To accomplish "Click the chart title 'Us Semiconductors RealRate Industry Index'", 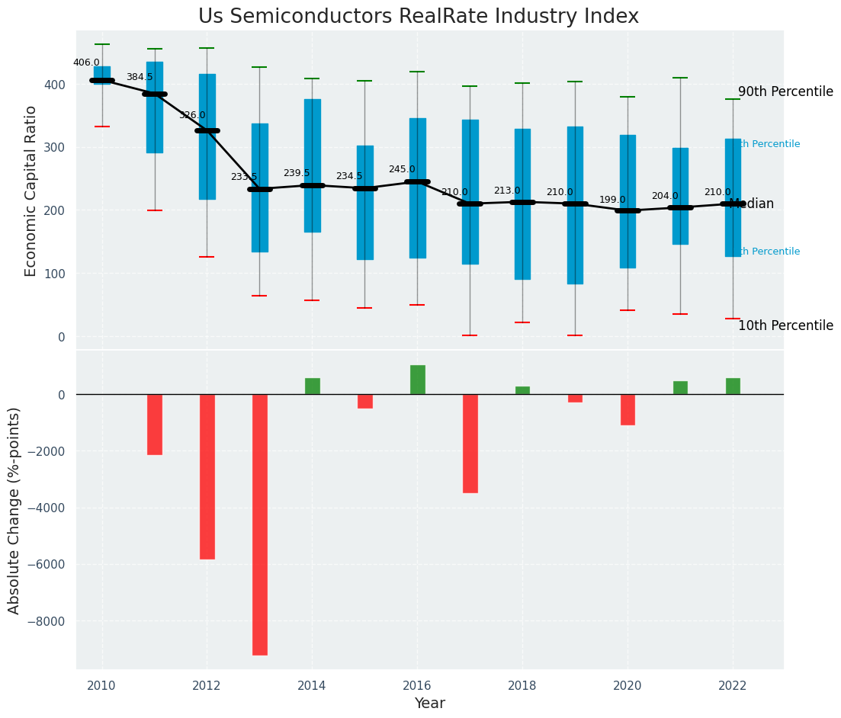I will tap(419, 17).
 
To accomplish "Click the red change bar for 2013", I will tap(260, 524).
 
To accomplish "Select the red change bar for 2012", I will tap(207, 476).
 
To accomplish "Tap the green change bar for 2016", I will tap(418, 380).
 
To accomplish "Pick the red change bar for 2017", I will tap(470, 443).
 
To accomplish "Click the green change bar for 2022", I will tap(733, 386).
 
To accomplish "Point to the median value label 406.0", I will tap(86, 63).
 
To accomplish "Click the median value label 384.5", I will tap(140, 77).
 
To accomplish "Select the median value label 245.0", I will tap(402, 169).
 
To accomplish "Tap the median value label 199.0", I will tap(612, 200).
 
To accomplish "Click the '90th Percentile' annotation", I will tap(785, 91).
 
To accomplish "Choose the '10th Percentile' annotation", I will tap(785, 325).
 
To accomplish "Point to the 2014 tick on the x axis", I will tap(312, 686).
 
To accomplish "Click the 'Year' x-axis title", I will tap(429, 704).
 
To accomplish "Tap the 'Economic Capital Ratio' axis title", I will tap(31, 191).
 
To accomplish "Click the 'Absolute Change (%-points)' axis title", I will tap(14, 510).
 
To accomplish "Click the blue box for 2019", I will tap(575, 205).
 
